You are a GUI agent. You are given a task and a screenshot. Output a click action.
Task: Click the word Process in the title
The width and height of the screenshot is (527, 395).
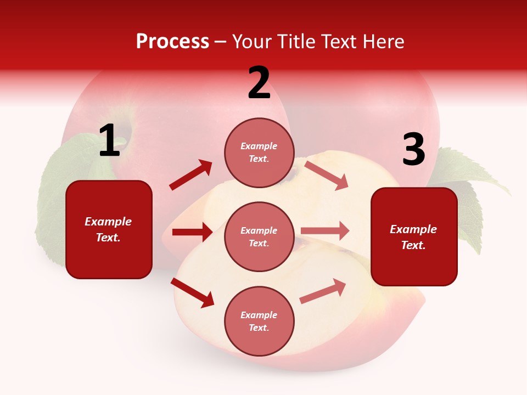172,42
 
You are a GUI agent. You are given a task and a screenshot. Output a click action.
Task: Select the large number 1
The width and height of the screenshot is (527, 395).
109,141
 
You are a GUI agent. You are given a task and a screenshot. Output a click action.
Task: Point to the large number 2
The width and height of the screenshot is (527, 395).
259,83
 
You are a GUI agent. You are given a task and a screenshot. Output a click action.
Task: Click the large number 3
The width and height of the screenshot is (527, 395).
413,150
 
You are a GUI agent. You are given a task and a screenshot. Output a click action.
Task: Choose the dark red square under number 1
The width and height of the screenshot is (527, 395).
109,229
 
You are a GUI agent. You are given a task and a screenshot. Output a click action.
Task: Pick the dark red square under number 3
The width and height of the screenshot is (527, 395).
414,236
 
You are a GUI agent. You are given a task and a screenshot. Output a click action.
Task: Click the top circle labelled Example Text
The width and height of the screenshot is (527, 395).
259,152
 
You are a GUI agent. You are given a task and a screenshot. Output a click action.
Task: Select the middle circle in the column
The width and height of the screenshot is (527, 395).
259,236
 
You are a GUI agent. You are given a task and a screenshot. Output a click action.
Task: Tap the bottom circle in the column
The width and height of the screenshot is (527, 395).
259,321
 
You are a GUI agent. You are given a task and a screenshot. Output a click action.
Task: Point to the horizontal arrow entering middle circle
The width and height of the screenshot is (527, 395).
192,232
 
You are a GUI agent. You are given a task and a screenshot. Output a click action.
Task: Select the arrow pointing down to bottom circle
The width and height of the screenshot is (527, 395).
193,292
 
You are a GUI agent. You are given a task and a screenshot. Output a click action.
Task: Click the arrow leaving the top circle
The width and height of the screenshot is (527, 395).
327,175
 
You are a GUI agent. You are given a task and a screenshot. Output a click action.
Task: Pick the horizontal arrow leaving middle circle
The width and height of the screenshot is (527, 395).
325,230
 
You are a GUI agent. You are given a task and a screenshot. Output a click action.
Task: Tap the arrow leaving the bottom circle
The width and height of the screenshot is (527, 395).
323,291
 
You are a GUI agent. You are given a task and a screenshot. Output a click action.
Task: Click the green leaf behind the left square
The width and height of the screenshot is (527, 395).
60,181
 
